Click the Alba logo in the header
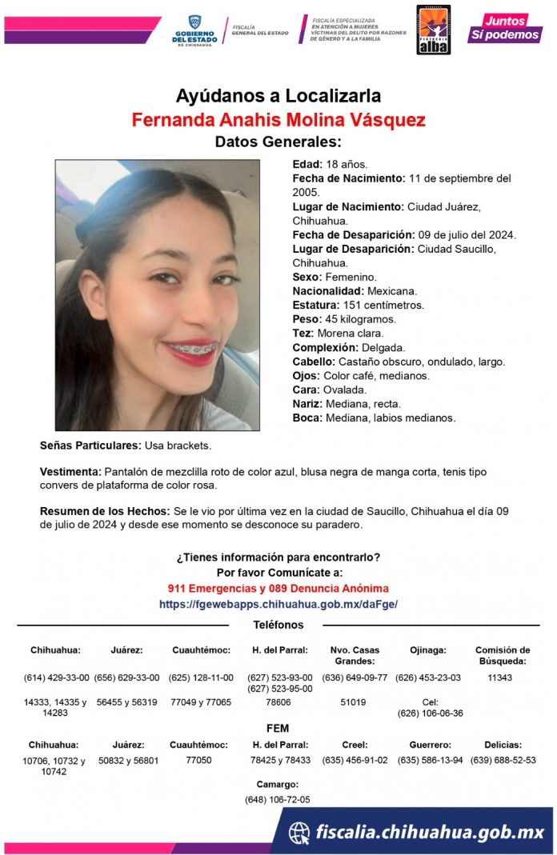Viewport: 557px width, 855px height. click(x=433, y=30)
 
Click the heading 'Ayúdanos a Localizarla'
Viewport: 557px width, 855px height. click(x=278, y=97)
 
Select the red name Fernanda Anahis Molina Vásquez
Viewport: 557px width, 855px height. click(x=278, y=120)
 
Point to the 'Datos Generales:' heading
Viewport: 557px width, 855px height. click(x=278, y=142)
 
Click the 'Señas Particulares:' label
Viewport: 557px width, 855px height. click(x=90, y=444)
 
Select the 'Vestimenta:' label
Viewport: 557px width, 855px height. click(x=70, y=472)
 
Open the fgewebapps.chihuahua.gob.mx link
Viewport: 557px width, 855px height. click(x=278, y=604)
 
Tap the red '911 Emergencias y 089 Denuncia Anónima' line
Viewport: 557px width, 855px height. click(x=278, y=589)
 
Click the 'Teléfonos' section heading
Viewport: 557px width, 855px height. click(x=278, y=625)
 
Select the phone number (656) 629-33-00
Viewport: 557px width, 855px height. click(x=126, y=677)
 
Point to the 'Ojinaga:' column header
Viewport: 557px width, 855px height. click(x=427, y=650)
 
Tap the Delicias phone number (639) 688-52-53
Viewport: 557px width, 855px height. click(x=503, y=760)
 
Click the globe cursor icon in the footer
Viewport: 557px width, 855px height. click(x=299, y=832)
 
